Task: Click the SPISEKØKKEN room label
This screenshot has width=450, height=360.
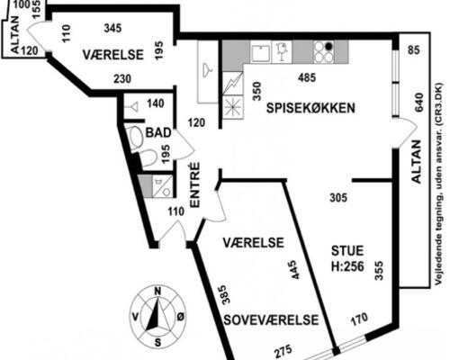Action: (310, 108)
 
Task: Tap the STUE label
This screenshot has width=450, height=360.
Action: (347, 250)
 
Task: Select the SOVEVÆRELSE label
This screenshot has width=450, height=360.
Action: (271, 320)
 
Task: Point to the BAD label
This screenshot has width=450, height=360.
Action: (158, 132)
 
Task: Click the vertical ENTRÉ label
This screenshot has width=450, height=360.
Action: (195, 184)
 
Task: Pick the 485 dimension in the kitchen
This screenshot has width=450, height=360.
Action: (307, 77)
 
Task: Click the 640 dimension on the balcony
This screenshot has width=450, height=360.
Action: (418, 103)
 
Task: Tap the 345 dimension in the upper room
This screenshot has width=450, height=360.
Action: (112, 28)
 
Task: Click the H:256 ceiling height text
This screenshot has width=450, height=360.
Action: (347, 266)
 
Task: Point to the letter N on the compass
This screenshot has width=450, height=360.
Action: (157, 292)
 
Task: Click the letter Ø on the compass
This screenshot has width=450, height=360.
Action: (180, 317)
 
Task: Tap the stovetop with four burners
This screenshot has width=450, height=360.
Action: (324, 52)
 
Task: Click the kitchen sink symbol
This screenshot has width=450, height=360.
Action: (261, 52)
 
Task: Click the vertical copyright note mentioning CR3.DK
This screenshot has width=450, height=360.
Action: (439, 184)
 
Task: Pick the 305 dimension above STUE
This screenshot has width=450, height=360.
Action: (338, 198)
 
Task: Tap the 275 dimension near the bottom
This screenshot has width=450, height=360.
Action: (283, 350)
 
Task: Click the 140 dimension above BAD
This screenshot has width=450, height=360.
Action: (156, 103)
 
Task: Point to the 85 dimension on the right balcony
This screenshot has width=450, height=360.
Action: (414, 50)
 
